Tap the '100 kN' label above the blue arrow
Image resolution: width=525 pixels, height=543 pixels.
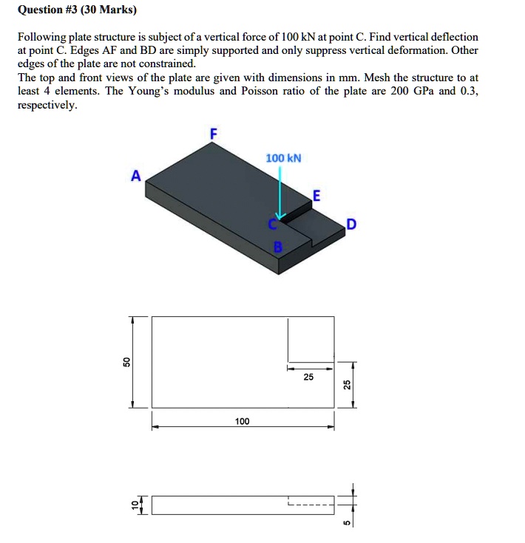click(x=283, y=159)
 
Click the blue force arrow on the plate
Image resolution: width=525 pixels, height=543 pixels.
click(x=280, y=196)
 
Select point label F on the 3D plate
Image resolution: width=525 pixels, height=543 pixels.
click(x=214, y=134)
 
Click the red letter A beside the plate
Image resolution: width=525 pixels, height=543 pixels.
click(x=135, y=176)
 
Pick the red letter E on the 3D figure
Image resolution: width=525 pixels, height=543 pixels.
click(x=316, y=196)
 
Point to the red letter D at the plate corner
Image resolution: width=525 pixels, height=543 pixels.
click(x=351, y=224)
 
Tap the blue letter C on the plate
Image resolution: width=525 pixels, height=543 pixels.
click(x=272, y=222)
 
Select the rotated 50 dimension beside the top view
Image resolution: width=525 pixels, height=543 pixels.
click(x=126, y=362)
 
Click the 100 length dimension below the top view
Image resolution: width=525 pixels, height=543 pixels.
click(x=242, y=421)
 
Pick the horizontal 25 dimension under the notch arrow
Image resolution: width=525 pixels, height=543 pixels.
click(x=308, y=377)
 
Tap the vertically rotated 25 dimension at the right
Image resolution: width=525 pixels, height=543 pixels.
click(x=345, y=385)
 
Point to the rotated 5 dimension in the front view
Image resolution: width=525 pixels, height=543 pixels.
click(x=345, y=524)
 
